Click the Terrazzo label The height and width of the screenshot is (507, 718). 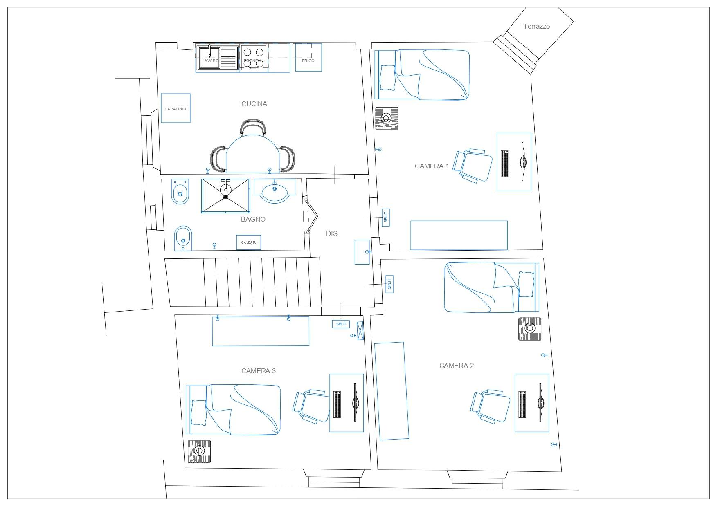click(536, 26)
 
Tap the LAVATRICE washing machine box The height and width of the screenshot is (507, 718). click(176, 108)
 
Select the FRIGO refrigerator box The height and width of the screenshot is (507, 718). click(308, 57)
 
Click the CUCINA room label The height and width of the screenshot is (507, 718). click(254, 104)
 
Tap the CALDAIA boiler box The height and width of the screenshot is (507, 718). click(249, 242)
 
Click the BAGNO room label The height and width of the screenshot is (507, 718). click(253, 219)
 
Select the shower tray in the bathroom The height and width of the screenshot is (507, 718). click(225, 196)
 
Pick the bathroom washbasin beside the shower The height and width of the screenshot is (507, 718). click(275, 191)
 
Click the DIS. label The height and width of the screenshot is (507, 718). click(333, 234)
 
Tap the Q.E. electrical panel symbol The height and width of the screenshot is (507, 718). click(360, 331)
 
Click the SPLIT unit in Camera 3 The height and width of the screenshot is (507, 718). click(341, 324)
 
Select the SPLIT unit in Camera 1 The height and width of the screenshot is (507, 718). click(385, 217)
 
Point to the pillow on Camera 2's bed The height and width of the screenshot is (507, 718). click(526, 285)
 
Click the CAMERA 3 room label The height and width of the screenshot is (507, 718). click(259, 371)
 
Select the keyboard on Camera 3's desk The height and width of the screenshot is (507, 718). click(337, 404)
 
